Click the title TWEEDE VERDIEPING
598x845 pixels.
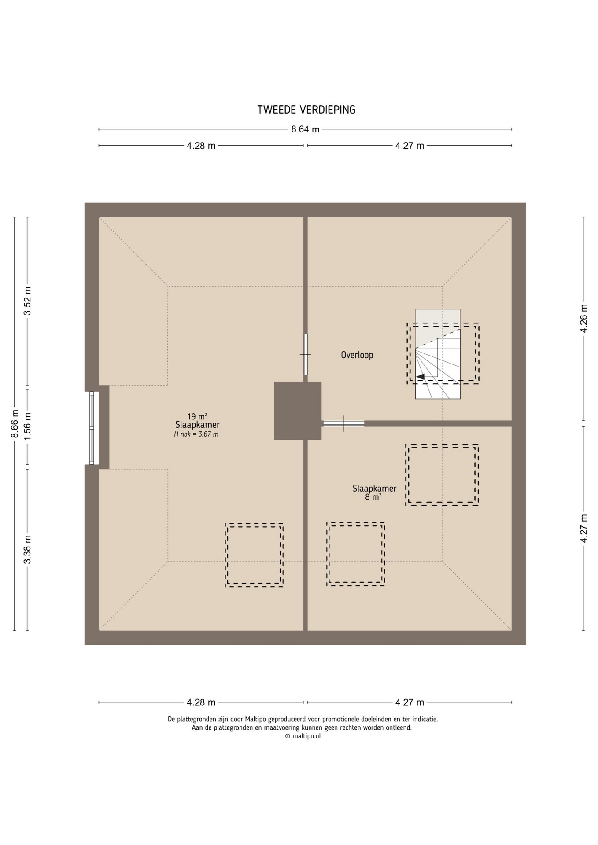[x=306, y=110]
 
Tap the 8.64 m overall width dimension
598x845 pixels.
[x=305, y=129]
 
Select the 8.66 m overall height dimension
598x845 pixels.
[x=15, y=424]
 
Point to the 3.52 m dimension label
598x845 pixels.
[x=27, y=301]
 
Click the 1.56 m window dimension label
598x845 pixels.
[x=27, y=426]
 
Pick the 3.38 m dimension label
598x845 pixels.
[x=27, y=549]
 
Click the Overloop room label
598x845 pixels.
[x=357, y=355]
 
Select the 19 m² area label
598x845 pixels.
[x=197, y=416]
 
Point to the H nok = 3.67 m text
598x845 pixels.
[x=196, y=434]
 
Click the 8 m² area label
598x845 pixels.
[x=373, y=497]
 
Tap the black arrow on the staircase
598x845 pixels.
[x=421, y=377]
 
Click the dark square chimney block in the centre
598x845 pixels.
[x=298, y=411]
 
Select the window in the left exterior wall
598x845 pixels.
[x=92, y=428]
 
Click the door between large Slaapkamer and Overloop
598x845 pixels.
[x=305, y=354]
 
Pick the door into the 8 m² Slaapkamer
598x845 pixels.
[x=343, y=423]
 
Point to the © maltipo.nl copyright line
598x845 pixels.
[x=303, y=736]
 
